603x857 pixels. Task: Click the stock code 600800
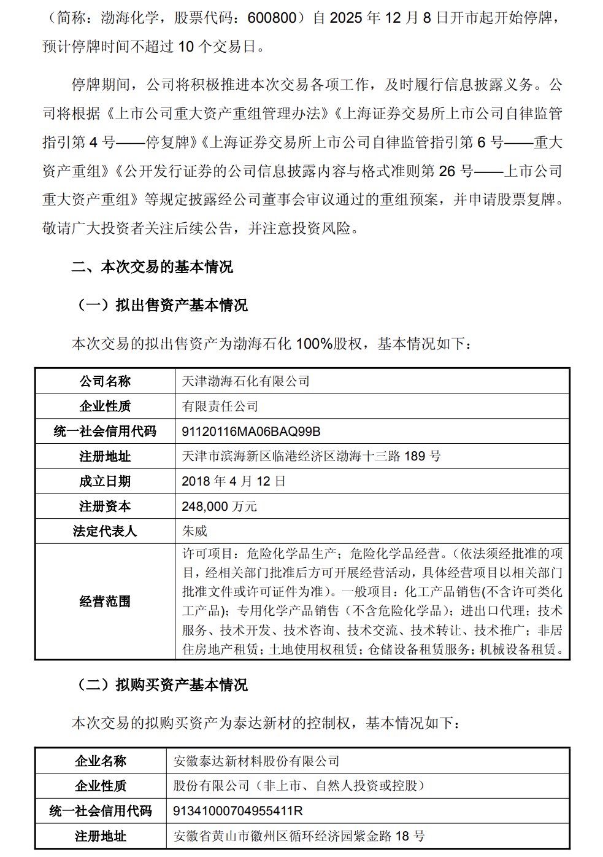click(x=272, y=18)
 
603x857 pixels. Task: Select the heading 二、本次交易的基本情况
click(x=152, y=267)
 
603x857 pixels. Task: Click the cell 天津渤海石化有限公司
click(x=245, y=381)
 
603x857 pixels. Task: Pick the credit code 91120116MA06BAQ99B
click(x=251, y=432)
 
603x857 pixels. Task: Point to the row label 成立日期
click(x=105, y=481)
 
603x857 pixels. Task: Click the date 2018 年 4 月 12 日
click(x=234, y=481)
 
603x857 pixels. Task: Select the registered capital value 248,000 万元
click(x=219, y=506)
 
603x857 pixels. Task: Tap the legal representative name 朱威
click(x=194, y=531)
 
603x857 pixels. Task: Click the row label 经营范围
click(x=105, y=602)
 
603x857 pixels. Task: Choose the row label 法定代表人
click(x=105, y=531)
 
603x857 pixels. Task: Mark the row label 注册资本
click(x=105, y=506)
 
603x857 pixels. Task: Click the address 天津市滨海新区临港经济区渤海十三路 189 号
click(x=311, y=456)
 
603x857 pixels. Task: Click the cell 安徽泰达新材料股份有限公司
click(x=256, y=761)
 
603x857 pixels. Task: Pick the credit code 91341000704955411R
click(x=238, y=811)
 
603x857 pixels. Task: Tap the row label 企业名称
click(x=101, y=761)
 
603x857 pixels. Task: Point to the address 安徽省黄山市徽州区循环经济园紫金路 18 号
click(x=299, y=836)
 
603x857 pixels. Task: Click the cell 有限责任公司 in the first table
click(x=220, y=406)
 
